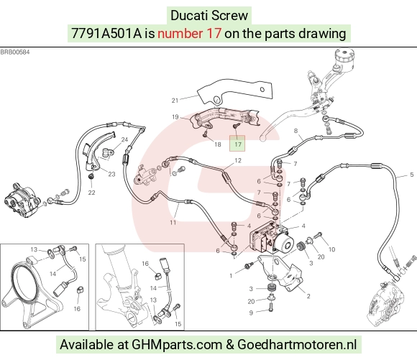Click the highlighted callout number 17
[x=237, y=144]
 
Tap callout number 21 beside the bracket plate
[x=175, y=101]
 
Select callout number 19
[x=175, y=117]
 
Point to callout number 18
[x=218, y=144]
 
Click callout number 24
[x=124, y=139]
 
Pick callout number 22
[x=91, y=193]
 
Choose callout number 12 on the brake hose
[x=238, y=160]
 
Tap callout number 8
[x=295, y=131]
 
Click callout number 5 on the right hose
[x=412, y=175]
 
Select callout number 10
[x=331, y=249]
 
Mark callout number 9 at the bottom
[x=251, y=313]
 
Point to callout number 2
[x=308, y=296]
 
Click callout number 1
[x=231, y=276]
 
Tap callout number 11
[x=173, y=223]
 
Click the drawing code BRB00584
[x=15, y=52]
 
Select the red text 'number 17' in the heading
[x=189, y=34]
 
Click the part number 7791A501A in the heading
[x=106, y=34]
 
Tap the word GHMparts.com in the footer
[x=177, y=345]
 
